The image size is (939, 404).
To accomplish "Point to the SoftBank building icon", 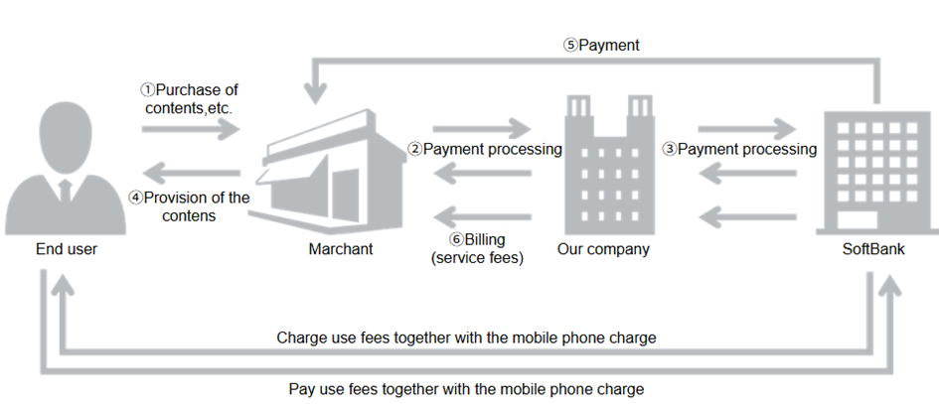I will point(874,169).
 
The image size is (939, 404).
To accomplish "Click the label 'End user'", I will point(66,249).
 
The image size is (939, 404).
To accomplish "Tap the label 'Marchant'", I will point(341,249).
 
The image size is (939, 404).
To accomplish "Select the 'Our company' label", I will point(602,249).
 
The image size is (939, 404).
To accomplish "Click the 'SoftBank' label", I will point(874,249).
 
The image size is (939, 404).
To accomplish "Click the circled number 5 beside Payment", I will point(570,46).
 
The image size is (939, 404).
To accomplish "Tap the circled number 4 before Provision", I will point(137,198).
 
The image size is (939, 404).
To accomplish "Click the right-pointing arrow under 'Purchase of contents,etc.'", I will point(190,130).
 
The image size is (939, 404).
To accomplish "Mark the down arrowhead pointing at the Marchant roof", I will point(317,94).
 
